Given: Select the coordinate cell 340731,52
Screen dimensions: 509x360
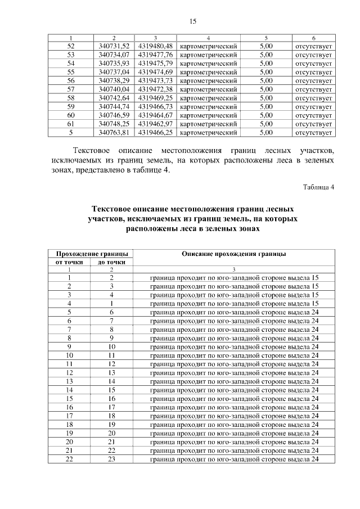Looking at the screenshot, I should coord(114,46).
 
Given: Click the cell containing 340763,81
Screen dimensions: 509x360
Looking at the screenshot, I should coord(114,133).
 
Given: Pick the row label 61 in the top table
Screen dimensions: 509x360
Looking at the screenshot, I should coord(70,124).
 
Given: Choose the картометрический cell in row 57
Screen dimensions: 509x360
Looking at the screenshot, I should coord(208,89).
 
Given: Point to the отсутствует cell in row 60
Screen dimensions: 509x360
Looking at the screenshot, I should coord(313,115).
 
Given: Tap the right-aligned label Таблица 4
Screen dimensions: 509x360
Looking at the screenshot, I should coord(318,187).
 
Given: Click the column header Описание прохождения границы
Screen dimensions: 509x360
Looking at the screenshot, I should coord(234,254).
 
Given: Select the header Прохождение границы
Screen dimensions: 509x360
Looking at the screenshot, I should coord(90,254).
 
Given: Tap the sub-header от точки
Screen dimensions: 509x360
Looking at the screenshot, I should coord(69,262).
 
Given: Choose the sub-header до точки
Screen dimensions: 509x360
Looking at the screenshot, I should coord(111,262).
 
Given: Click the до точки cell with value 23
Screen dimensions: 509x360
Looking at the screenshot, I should coord(111,459).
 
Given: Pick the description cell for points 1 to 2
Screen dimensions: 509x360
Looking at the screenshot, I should coord(234,278).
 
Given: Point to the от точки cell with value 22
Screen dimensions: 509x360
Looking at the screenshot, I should coord(69,459).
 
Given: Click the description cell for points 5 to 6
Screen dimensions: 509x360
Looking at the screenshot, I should coord(234,312).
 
